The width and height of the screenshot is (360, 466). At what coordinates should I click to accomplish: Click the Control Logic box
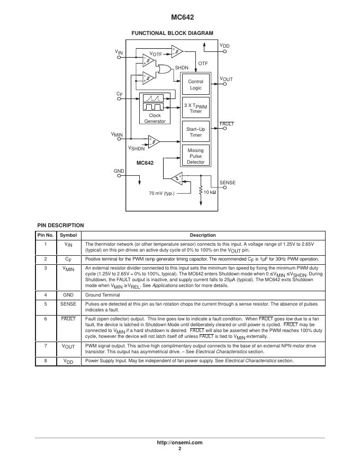pyautogui.click(x=195, y=85)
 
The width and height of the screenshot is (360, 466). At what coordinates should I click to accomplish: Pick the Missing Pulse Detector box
pyautogui.click(x=195, y=156)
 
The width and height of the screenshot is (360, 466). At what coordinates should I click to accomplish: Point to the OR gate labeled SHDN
pyautogui.click(x=164, y=69)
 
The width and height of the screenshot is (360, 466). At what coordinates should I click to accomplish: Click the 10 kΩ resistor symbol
pyautogui.click(x=201, y=191)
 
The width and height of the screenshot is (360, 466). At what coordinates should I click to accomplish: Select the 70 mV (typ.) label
pyautogui.click(x=161, y=193)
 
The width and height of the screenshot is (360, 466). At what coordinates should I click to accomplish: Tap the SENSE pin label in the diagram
pyautogui.click(x=227, y=183)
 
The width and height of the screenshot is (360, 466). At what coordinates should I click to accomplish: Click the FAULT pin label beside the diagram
pyautogui.click(x=227, y=124)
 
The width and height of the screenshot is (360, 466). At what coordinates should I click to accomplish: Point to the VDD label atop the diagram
pyautogui.click(x=225, y=47)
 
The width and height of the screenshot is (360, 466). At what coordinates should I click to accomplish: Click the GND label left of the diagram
pyautogui.click(x=119, y=171)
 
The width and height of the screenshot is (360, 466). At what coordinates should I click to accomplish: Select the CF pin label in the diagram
pyautogui.click(x=120, y=94)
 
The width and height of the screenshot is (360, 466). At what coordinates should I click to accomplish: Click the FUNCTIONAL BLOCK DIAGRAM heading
pyautogui.click(x=172, y=33)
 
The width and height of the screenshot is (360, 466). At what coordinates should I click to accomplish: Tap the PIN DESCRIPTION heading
pyautogui.click(x=60, y=226)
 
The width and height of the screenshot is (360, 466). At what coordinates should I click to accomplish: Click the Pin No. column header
pyautogui.click(x=46, y=235)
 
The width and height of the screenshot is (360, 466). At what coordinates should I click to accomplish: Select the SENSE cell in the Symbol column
pyautogui.click(x=68, y=304)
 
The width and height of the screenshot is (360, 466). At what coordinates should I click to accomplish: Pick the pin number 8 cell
pyautogui.click(x=46, y=361)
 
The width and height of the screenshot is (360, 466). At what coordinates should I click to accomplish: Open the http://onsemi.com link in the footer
pyautogui.click(x=180, y=442)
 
